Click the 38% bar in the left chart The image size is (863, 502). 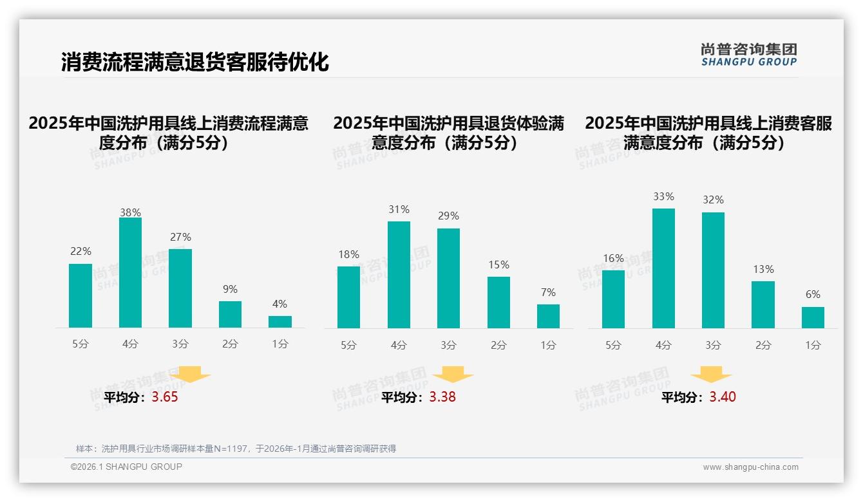(130, 273)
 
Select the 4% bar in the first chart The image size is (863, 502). (280, 322)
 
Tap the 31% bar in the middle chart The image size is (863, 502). (399, 275)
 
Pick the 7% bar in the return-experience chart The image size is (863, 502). (548, 316)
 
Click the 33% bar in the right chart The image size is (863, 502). (663, 268)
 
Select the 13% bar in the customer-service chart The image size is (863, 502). (763, 304)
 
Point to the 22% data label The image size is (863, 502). (81, 251)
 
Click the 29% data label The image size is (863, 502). (448, 216)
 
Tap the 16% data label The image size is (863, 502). (613, 258)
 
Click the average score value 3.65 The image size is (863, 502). (165, 397)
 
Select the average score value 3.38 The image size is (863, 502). (442, 397)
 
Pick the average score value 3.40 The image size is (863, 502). (723, 397)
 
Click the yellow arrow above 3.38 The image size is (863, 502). (453, 375)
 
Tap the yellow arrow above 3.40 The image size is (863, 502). (711, 375)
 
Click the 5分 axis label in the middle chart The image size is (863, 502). (348, 346)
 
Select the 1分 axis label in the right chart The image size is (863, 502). (813, 346)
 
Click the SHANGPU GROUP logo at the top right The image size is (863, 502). (749, 55)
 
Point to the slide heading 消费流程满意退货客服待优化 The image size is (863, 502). (194, 62)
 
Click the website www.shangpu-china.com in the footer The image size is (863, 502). (750, 467)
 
